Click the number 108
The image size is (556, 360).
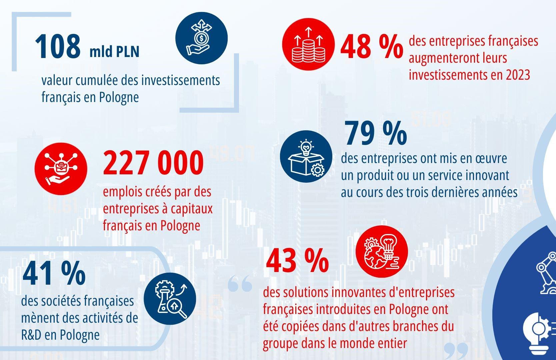[58, 46]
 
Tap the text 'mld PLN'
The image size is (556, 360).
[114, 52]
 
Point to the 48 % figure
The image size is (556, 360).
[371, 47]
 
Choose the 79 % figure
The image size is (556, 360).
[376, 133]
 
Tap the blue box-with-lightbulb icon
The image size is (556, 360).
[306, 156]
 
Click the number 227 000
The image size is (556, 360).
[153, 163]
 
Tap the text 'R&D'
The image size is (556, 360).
[31, 335]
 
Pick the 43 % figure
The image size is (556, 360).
[297, 261]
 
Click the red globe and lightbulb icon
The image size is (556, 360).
[382, 252]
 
